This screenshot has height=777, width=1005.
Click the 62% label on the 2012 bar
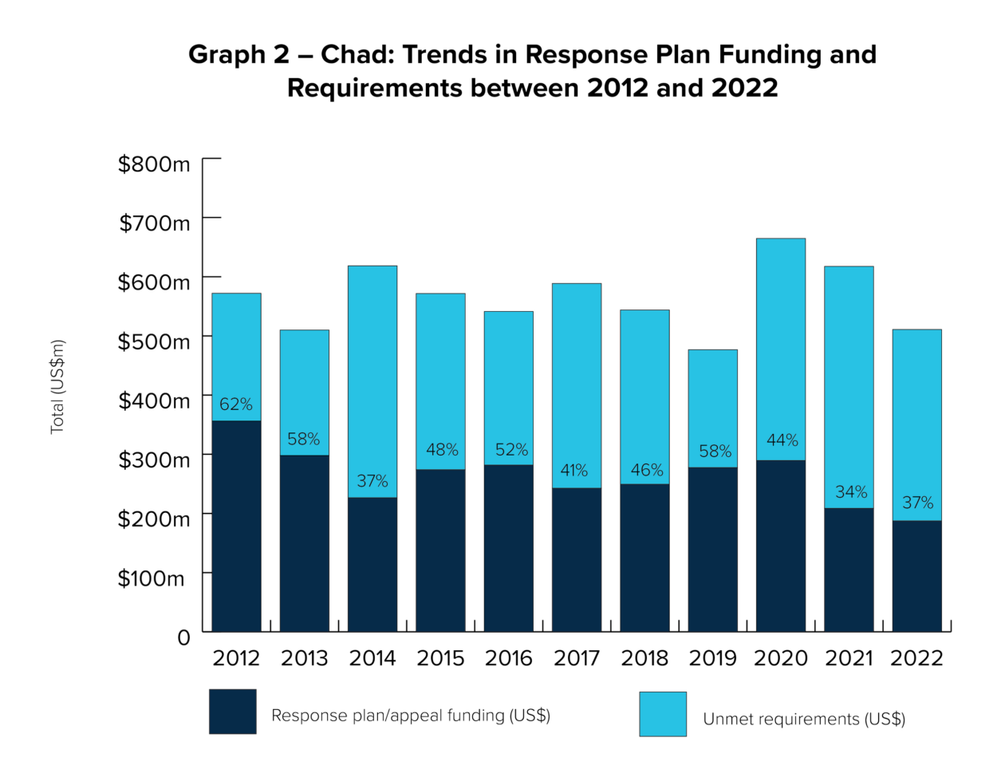point(236,404)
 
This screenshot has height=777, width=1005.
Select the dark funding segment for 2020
point(781,546)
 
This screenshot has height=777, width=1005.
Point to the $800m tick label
point(155,164)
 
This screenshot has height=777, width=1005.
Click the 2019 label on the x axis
point(713,658)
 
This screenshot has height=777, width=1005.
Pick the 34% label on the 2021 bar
point(851,492)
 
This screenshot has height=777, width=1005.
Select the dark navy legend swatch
point(232,711)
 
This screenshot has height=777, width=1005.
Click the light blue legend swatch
point(662,714)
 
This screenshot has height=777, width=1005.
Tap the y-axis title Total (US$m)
point(58,388)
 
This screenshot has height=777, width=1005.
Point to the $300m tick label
point(155,460)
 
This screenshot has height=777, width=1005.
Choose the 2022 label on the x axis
point(916,658)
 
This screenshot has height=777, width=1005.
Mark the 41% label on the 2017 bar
point(574,471)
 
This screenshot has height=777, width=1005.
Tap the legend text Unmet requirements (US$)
point(804,719)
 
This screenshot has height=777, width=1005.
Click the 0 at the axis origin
point(184,637)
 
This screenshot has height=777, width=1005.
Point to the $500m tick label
point(155,341)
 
